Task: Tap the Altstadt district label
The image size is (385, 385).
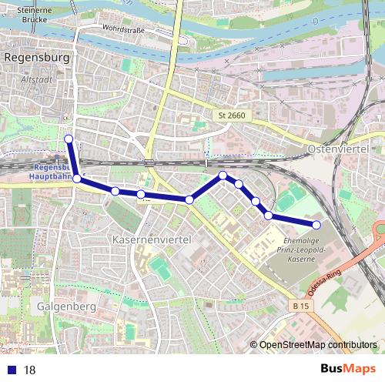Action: [x=37, y=79]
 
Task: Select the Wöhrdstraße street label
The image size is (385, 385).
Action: [x=120, y=32]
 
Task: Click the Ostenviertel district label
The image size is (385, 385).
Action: [x=339, y=147]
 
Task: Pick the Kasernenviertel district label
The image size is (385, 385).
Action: [x=149, y=240]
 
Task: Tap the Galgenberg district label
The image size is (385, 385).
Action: [x=65, y=306]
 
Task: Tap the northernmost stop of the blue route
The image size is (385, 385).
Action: [x=69, y=139]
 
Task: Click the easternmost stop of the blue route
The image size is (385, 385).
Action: [x=316, y=224]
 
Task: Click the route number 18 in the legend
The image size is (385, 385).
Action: [x=30, y=370]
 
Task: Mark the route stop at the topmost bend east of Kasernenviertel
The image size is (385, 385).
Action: [x=223, y=176]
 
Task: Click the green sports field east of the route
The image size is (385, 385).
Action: [x=286, y=201]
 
